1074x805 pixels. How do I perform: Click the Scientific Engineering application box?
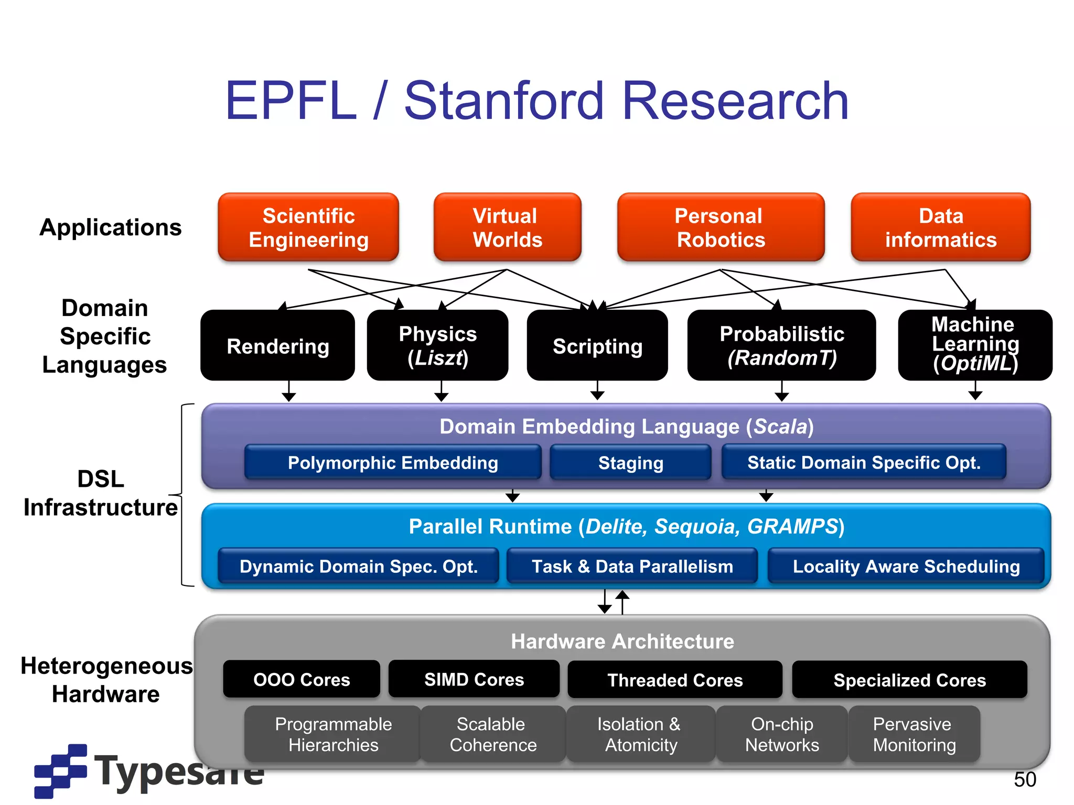tap(308, 227)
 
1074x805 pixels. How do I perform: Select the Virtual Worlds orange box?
tap(507, 227)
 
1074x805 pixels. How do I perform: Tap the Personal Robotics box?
tap(721, 227)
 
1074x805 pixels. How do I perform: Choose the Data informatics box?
tap(940, 227)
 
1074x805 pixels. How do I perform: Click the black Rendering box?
tap(277, 346)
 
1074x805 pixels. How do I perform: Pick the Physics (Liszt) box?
tap(437, 346)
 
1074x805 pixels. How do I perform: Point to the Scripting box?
tap(597, 346)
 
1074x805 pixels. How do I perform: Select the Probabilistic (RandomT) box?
tap(781, 346)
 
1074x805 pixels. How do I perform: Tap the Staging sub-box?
tap(630, 463)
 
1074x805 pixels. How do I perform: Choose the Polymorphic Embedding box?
tap(393, 463)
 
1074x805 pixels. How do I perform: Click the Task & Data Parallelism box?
tap(632, 566)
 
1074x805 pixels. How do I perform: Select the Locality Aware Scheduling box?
tap(906, 566)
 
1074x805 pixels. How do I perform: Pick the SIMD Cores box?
tap(474, 679)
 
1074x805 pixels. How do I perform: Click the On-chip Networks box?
tap(781, 734)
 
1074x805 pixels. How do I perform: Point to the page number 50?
tap(1025, 779)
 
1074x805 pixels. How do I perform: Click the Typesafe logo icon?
tap(60, 770)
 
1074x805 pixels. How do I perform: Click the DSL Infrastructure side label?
tap(101, 493)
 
